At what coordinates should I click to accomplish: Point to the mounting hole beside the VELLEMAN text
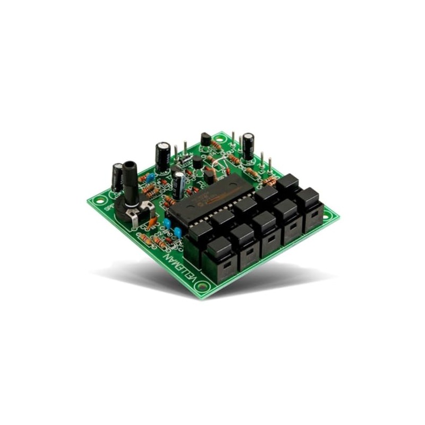pyautogui.click(x=202, y=287)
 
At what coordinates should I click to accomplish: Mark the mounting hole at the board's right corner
pyautogui.click(x=328, y=215)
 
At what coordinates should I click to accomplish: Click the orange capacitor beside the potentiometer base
pyautogui.click(x=153, y=218)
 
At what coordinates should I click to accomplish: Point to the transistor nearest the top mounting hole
pyautogui.click(x=205, y=139)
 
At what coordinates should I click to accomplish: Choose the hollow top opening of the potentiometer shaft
pyautogui.click(x=129, y=165)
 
